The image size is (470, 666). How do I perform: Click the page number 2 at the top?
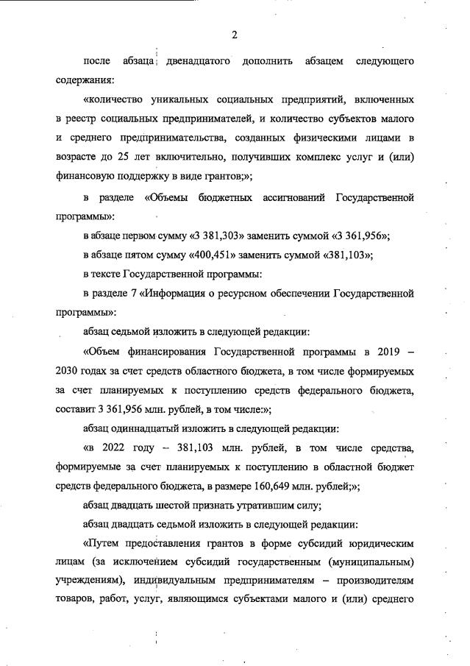coord(234,35)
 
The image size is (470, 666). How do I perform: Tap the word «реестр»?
coord(82,118)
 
